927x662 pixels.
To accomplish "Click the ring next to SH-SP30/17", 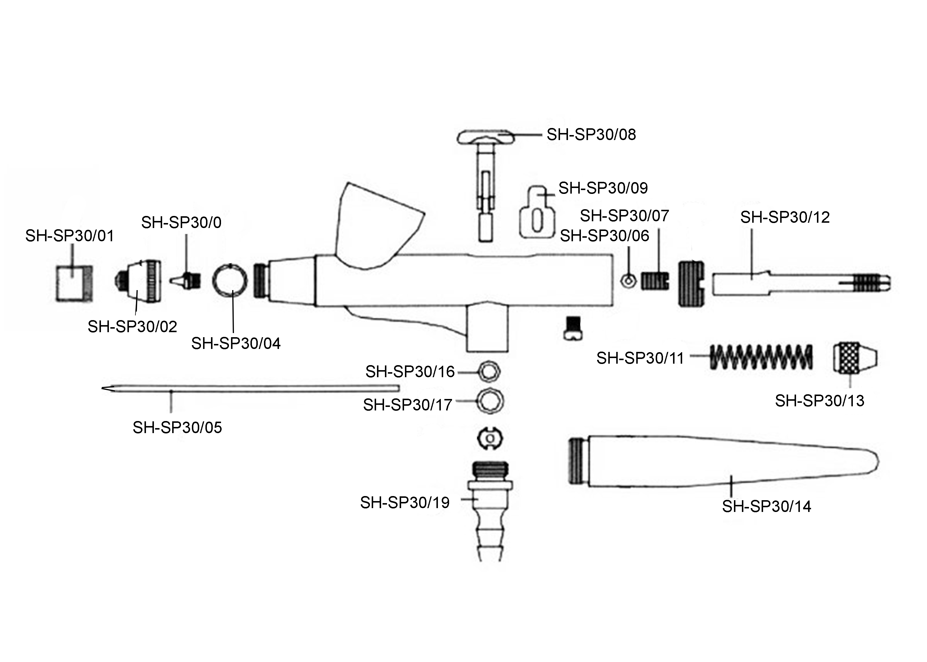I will coord(490,402).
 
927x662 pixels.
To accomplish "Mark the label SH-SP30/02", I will coord(132,327).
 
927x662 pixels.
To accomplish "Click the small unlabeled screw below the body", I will coord(573,328).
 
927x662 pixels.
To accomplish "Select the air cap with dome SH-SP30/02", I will coord(138,281).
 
